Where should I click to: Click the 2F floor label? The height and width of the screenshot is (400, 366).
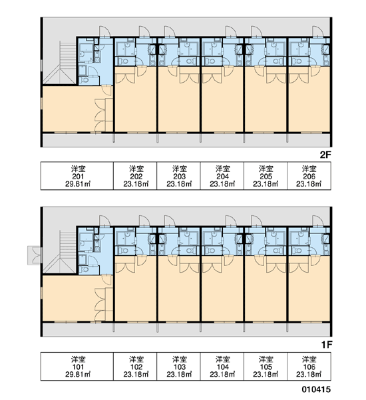point(325,155)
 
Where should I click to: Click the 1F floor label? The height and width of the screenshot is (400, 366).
point(327,345)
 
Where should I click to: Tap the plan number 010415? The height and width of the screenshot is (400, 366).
point(316,389)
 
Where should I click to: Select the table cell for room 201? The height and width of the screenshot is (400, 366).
point(77,176)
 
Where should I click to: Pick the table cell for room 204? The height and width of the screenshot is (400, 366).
point(222,176)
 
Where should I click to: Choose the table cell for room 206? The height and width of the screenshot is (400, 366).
point(309,176)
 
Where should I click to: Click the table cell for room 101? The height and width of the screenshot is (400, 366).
point(77,366)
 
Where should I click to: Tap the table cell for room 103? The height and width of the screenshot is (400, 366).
point(178,366)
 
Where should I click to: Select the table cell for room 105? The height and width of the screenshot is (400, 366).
point(266,366)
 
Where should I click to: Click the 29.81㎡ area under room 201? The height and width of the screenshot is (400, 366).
point(79,184)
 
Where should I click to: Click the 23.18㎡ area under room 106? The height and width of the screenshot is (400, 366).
point(309,374)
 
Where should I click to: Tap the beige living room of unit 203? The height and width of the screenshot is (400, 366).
point(179,102)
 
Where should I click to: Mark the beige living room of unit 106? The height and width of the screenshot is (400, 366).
point(309,291)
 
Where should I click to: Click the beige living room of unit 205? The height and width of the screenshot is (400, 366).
point(266,102)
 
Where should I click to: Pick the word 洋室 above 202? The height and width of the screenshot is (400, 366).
point(136,169)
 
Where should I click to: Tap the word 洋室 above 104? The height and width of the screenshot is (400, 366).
point(222,359)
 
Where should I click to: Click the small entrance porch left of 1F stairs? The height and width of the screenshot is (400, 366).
point(34,255)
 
